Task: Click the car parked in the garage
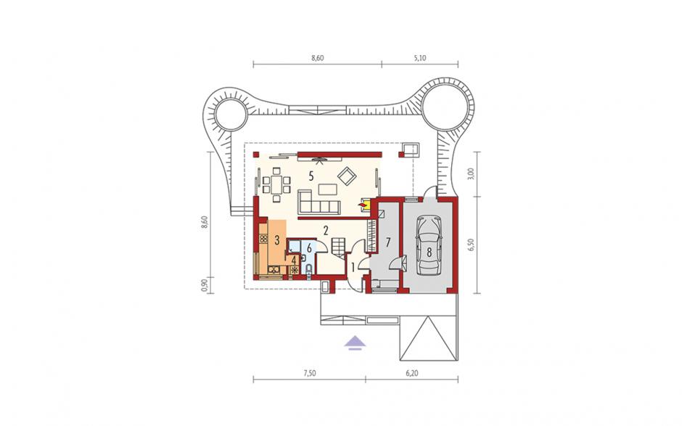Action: tap(429, 246)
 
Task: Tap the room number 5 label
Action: tap(311, 176)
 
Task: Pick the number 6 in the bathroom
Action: tap(309, 248)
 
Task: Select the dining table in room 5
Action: tap(276, 184)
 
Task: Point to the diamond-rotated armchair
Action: tap(348, 176)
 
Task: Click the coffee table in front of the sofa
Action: tap(327, 189)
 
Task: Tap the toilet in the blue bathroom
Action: tap(309, 270)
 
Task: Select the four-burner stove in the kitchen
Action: tap(263, 239)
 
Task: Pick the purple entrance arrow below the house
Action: tap(355, 342)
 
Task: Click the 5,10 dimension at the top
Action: tap(420, 58)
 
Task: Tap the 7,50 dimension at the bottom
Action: tap(309, 373)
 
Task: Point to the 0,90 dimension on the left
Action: tap(205, 284)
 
